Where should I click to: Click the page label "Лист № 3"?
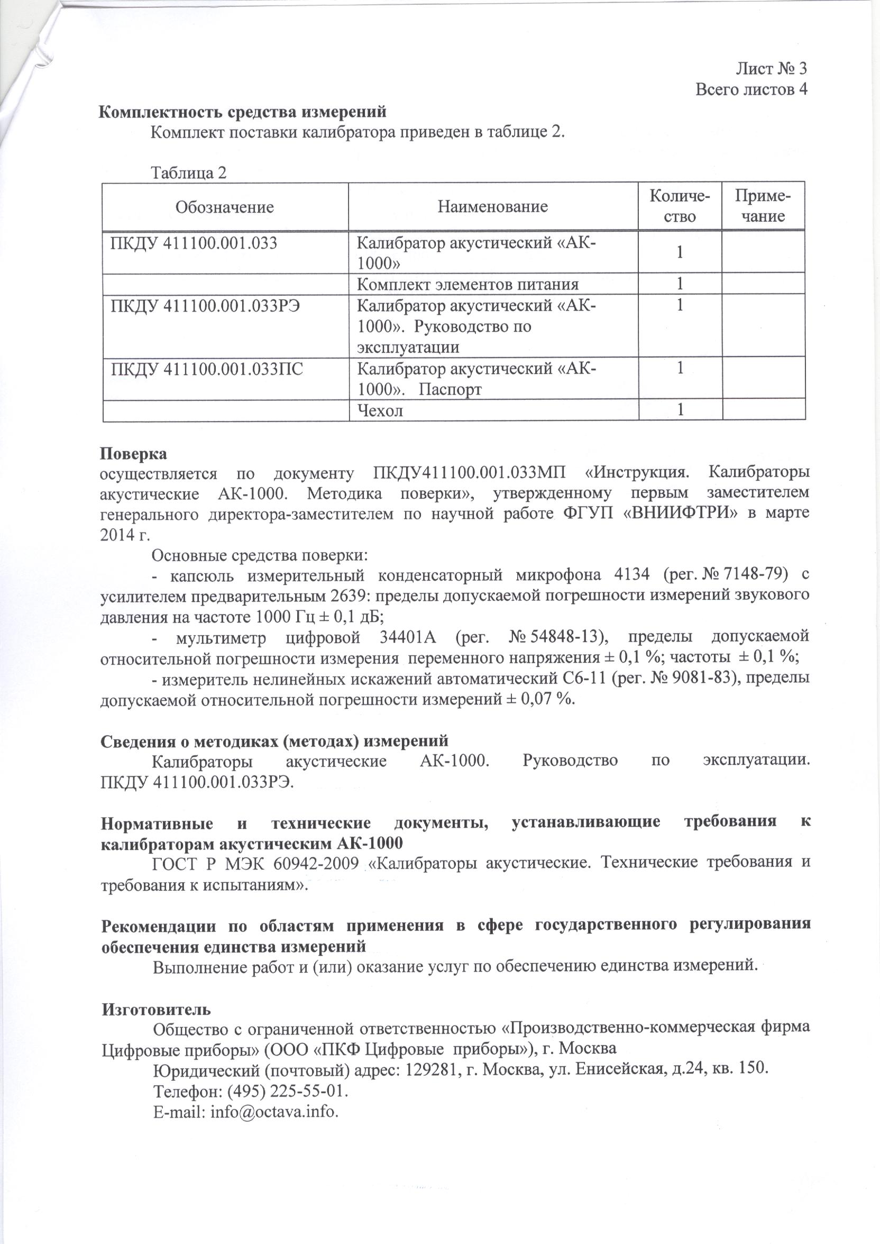coord(771,68)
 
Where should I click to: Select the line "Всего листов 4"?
coord(751,89)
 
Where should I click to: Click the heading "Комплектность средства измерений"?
coord(242,112)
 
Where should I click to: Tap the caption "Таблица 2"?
coord(189,173)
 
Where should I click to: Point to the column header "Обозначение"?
coord(224,207)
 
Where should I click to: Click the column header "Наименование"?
coord(492,206)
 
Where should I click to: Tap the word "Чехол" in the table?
coord(380,410)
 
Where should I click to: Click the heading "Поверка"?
coord(134,453)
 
